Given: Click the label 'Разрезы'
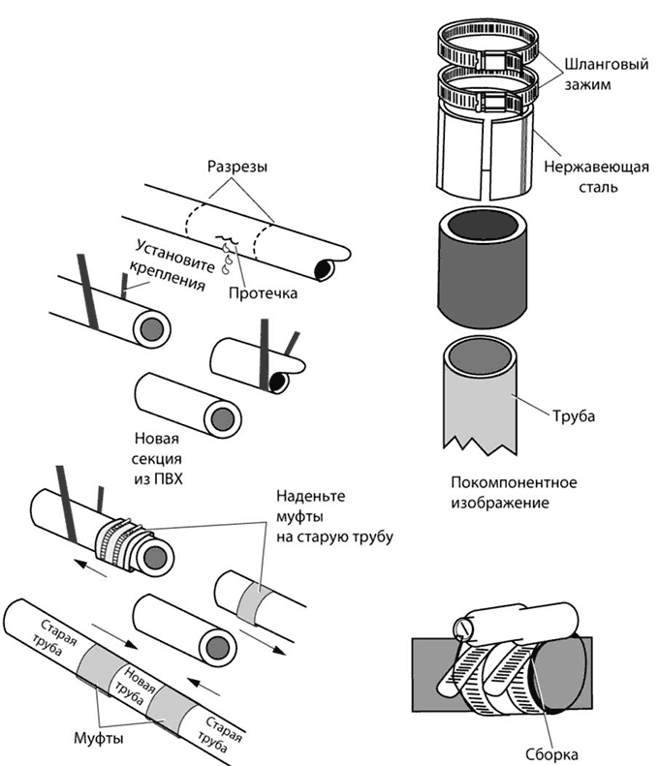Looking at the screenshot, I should (236, 167).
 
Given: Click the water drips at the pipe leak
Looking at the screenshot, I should (230, 254).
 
